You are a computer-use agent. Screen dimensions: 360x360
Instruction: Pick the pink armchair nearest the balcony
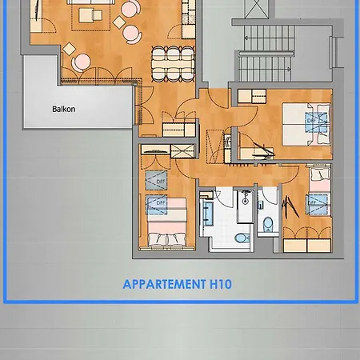click(x=82, y=62)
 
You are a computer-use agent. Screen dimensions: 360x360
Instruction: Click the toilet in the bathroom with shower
click(x=241, y=238)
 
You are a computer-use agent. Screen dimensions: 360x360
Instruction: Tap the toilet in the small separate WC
click(x=267, y=223)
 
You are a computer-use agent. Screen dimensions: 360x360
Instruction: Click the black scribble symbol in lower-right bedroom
click(x=291, y=207)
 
